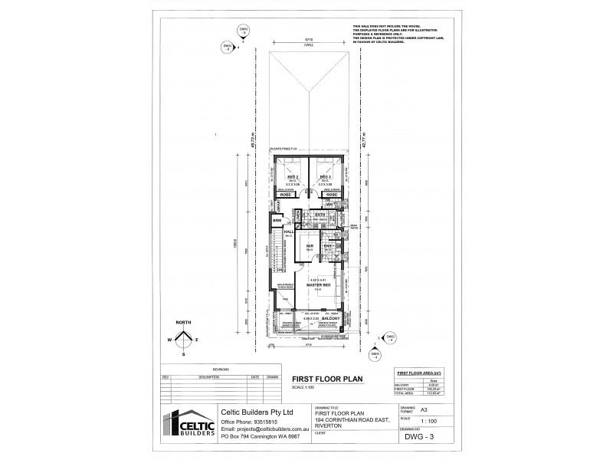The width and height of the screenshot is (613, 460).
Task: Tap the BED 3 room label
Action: [324, 176]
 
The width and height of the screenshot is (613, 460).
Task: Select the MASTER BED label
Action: [318, 285]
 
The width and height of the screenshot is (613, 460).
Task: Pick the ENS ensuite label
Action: [326, 247]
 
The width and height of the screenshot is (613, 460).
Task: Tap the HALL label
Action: [289, 232]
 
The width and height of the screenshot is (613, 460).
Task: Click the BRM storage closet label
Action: [277, 221]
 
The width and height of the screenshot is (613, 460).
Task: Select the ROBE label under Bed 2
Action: [284, 195]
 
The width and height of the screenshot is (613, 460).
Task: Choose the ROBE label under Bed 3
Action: [333, 195]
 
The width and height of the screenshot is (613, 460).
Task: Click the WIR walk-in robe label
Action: [310, 246]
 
